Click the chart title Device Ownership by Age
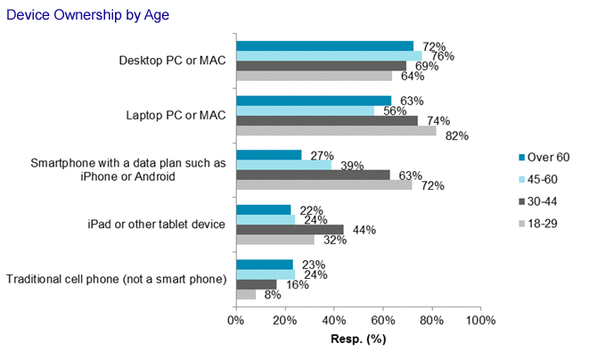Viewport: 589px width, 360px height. pyautogui.click(x=76, y=15)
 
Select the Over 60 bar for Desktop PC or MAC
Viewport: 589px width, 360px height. pyautogui.click(x=324, y=45)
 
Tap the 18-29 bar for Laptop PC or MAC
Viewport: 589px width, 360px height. pyautogui.click(x=336, y=131)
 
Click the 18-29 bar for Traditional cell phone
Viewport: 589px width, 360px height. pyautogui.click(x=246, y=294)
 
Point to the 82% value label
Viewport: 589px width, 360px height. pyautogui.click(x=457, y=136)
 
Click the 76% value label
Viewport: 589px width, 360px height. pyautogui.click(x=444, y=56)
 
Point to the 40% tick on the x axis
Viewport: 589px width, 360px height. pyautogui.click(x=333, y=320)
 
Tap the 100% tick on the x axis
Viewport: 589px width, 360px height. pyautogui.click(x=480, y=320)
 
